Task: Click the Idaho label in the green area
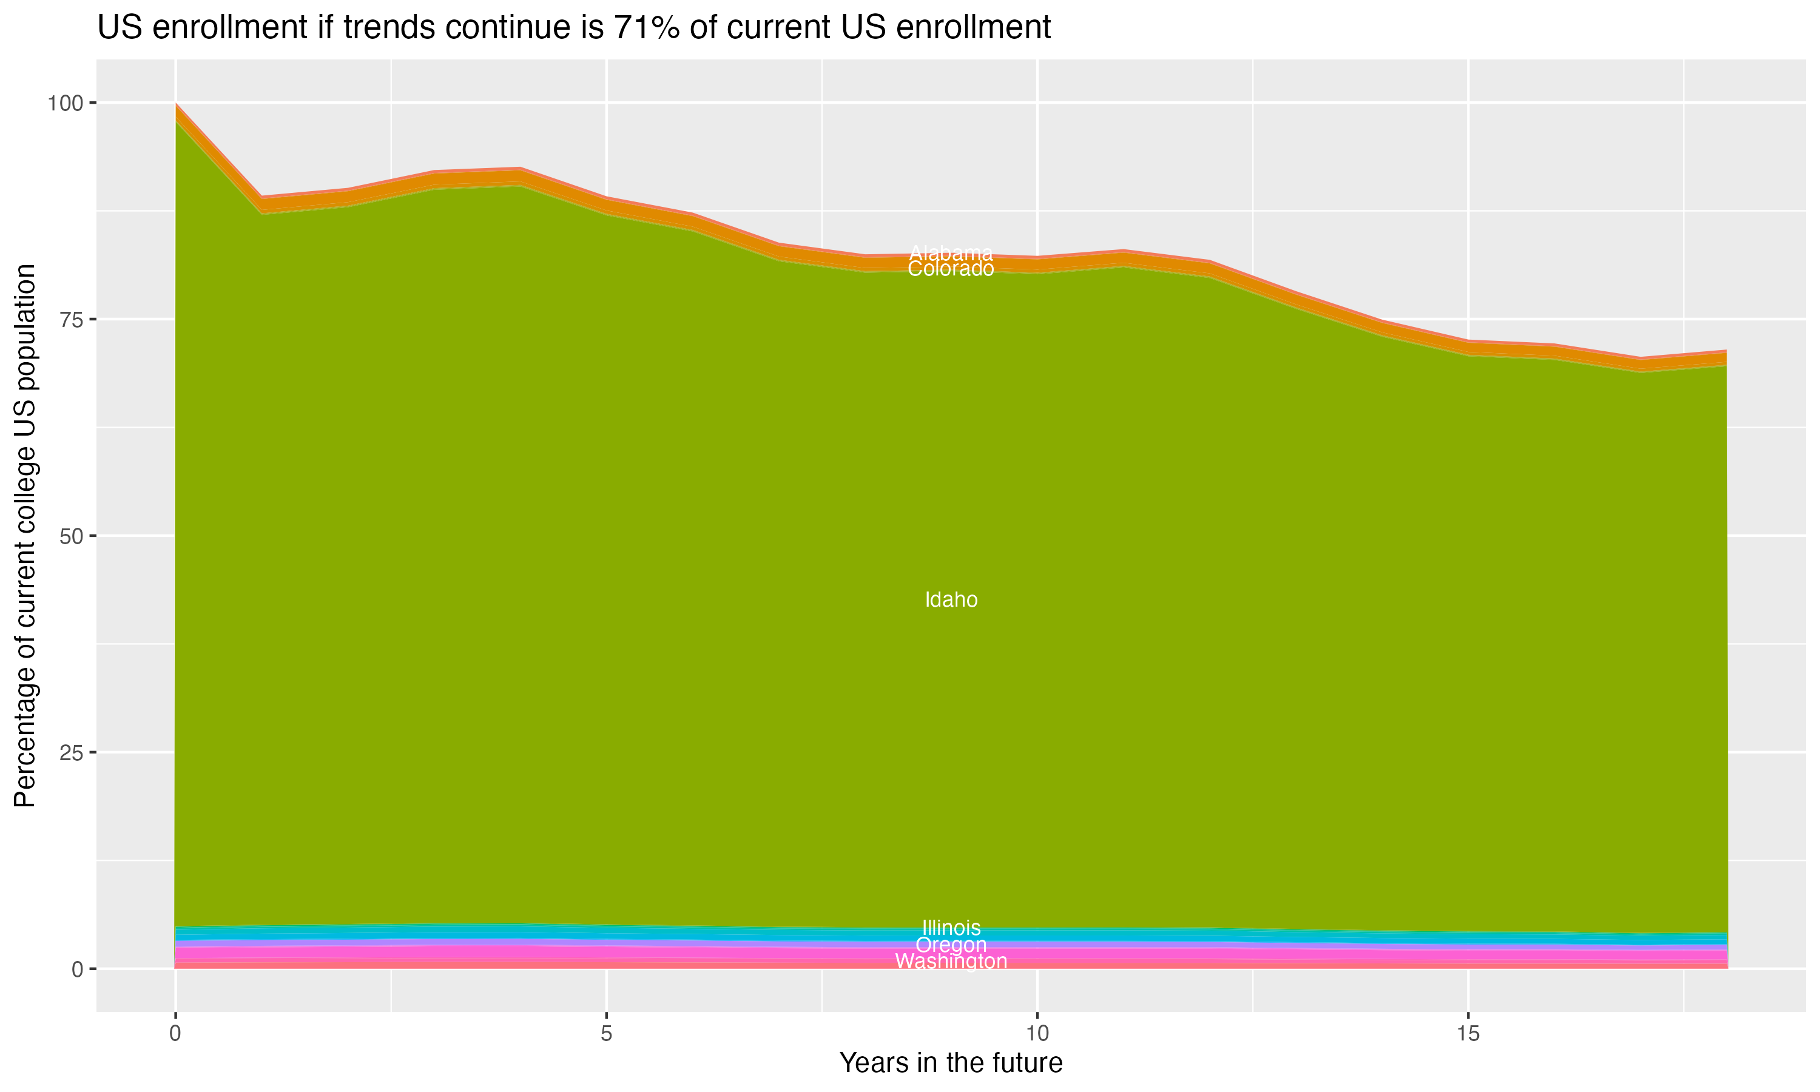tap(951, 600)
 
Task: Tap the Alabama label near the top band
tap(951, 253)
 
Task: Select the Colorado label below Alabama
tap(951, 269)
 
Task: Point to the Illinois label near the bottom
tap(951, 928)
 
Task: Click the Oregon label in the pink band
tap(951, 945)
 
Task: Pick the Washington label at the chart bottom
tap(951, 962)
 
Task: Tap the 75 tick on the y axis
tap(70, 319)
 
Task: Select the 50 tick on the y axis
tap(70, 536)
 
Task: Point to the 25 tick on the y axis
tap(70, 752)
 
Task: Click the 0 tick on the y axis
tap(77, 969)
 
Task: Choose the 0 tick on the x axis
tap(175, 1034)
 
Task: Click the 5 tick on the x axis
tap(606, 1034)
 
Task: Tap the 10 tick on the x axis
tap(1037, 1034)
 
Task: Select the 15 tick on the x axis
tap(1468, 1034)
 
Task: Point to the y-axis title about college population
tap(25, 536)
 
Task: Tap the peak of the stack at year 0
tap(176, 104)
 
